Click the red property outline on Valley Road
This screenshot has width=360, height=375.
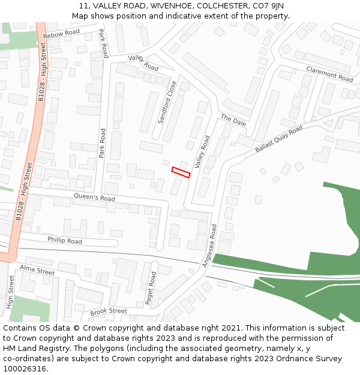pyautogui.click(x=181, y=172)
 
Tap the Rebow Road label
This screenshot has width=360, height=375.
pyautogui.click(x=61, y=35)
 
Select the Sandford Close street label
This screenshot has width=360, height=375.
pyautogui.click(x=167, y=103)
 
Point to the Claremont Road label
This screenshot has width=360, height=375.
pyautogui.click(x=329, y=74)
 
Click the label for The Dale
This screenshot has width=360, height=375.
pyautogui.click(x=233, y=119)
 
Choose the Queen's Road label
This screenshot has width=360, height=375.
pyautogui.click(x=94, y=197)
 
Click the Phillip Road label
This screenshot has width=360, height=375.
pyautogui.click(x=65, y=241)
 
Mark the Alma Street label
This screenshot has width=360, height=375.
pyautogui.click(x=37, y=270)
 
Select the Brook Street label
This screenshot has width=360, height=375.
pyautogui.click(x=109, y=311)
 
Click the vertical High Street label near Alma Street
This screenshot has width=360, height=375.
pyautogui.click(x=10, y=292)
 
